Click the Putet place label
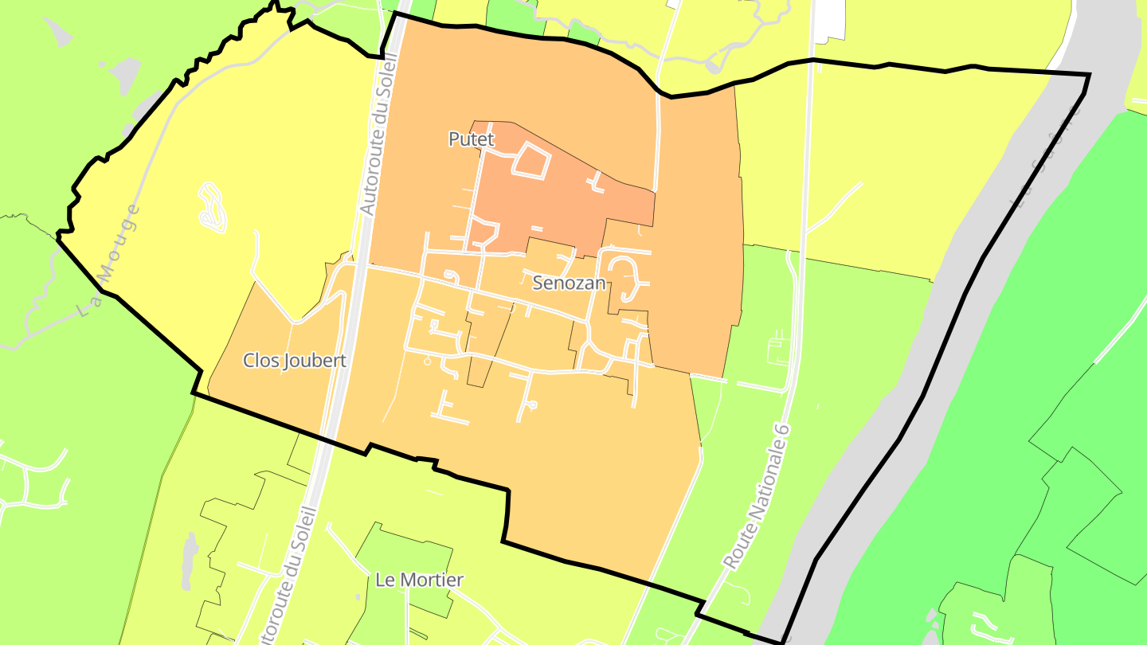pyautogui.click(x=472, y=139)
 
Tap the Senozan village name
pyautogui.click(x=570, y=283)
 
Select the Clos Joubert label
pyautogui.click(x=295, y=361)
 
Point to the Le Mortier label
pyautogui.click(x=419, y=580)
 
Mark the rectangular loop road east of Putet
pyautogui.click(x=530, y=162)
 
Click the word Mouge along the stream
pyautogui.click(x=119, y=239)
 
